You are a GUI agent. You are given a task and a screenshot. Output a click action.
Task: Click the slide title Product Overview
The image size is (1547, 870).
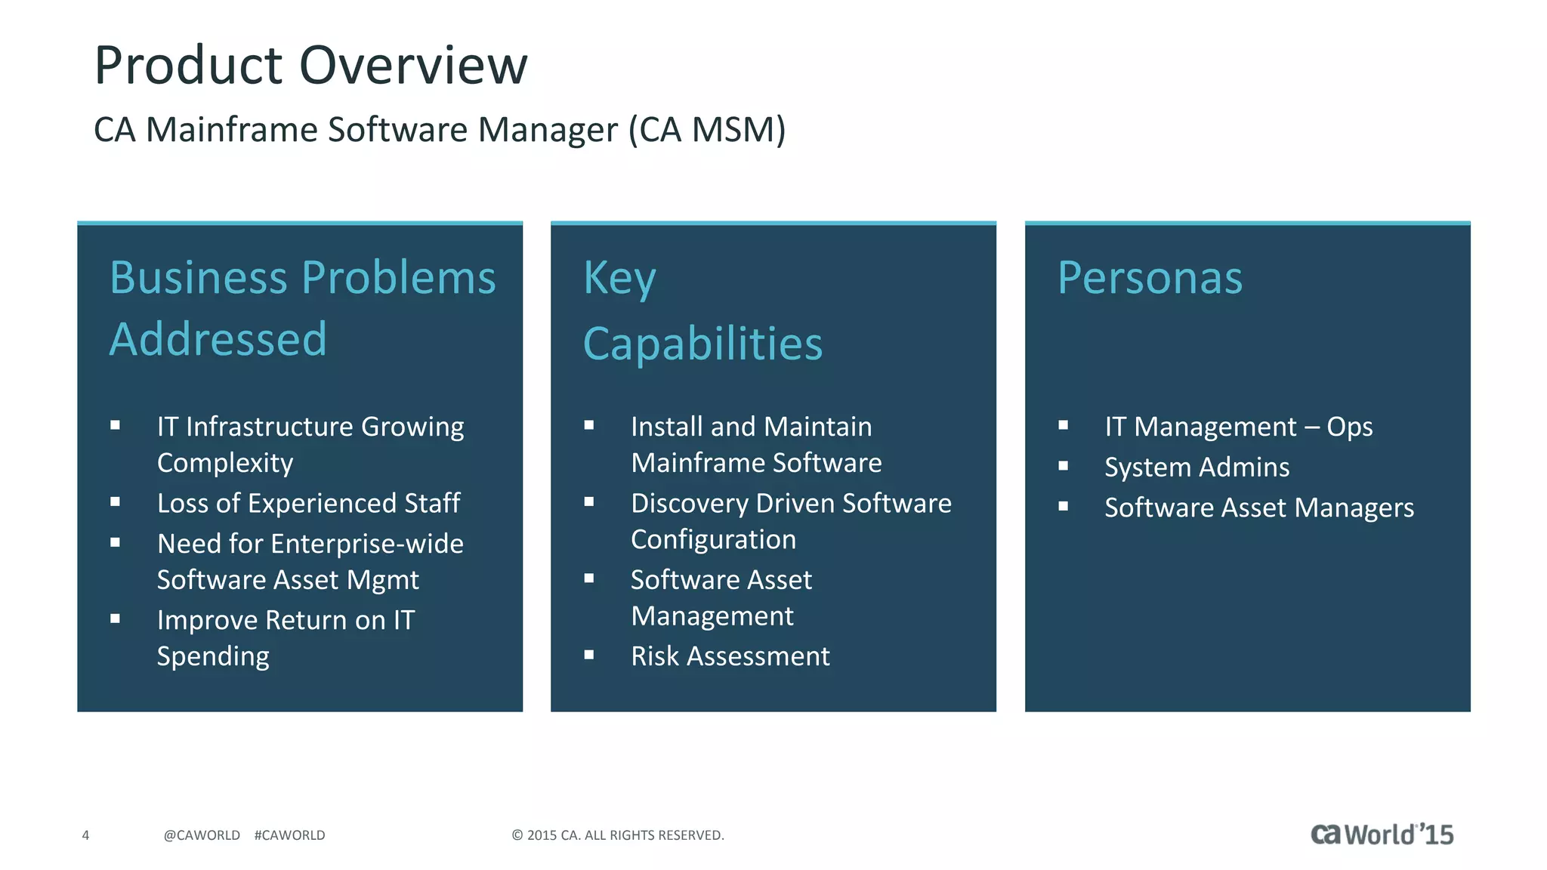(310, 66)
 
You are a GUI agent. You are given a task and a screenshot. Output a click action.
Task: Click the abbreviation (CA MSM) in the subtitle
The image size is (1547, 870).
(707, 130)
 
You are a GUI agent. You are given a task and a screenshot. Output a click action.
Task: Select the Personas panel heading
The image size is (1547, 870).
(1149, 278)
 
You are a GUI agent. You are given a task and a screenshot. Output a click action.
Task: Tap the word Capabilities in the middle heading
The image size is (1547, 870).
(702, 344)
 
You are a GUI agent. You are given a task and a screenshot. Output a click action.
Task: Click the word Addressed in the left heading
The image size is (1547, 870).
(218, 339)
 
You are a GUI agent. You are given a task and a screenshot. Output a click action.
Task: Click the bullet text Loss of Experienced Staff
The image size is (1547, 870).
(308, 503)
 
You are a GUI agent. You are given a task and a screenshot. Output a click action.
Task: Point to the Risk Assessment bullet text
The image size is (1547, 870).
(730, 656)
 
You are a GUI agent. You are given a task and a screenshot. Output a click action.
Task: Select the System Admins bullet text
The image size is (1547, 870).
(1197, 467)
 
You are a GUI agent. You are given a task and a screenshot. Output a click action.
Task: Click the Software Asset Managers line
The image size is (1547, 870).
(1258, 507)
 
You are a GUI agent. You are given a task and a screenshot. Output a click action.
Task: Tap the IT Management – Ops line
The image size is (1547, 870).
(1238, 427)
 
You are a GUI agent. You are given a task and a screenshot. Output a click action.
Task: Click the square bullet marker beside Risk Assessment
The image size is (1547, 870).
(589, 655)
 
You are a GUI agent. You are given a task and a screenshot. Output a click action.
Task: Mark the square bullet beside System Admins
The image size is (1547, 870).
(1063, 466)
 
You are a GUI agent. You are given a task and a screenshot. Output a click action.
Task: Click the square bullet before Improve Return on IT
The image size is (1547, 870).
(115, 619)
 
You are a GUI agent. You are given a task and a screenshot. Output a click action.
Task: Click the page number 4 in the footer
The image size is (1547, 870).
(85, 835)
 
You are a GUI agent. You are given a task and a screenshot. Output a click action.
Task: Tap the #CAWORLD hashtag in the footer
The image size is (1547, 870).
(289, 835)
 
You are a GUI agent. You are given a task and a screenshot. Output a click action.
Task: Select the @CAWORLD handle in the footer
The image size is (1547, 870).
(202, 835)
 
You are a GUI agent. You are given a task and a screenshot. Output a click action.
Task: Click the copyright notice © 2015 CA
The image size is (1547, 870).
(617, 835)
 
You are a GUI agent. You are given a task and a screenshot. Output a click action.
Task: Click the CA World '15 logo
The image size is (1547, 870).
(1382, 835)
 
